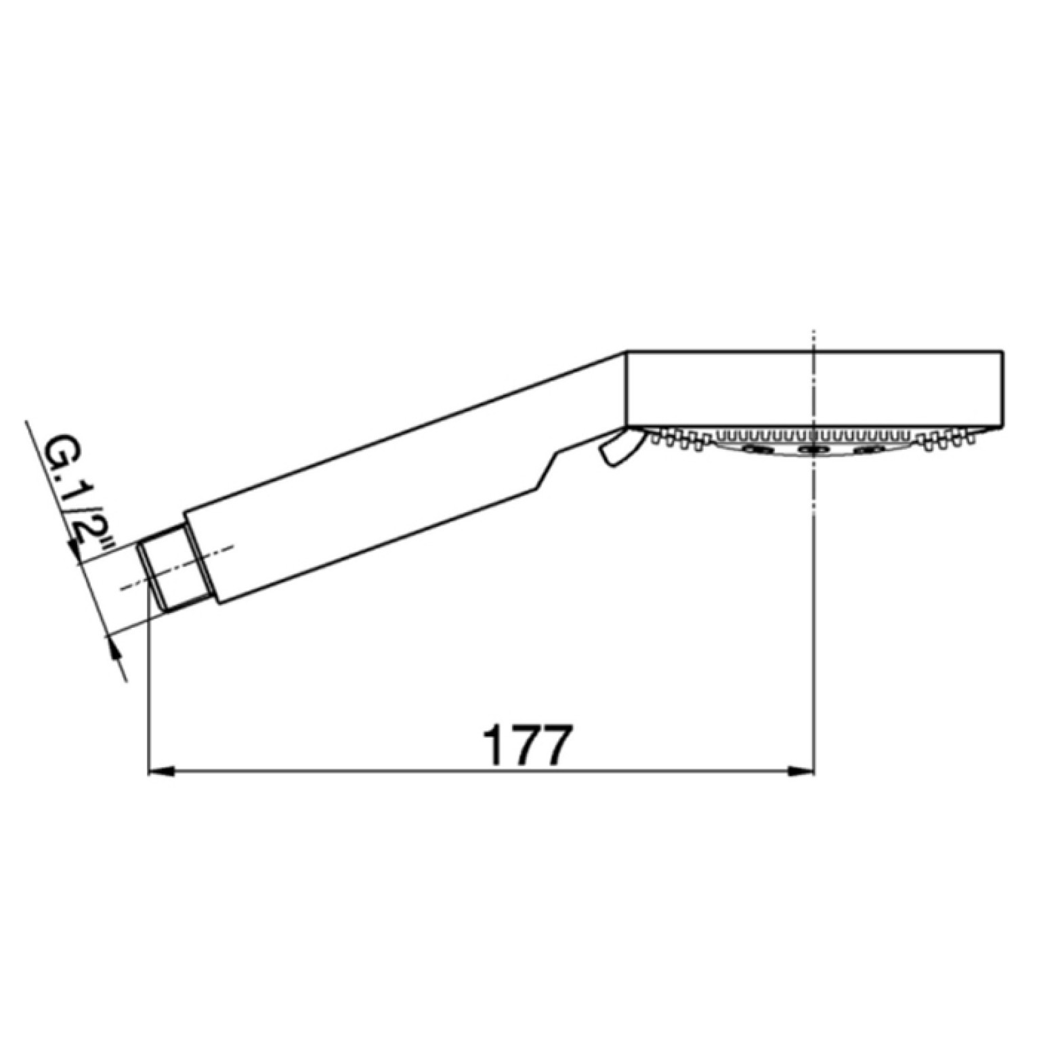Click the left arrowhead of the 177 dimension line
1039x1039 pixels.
[161, 771]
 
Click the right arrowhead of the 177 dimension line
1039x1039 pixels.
[800, 771]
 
